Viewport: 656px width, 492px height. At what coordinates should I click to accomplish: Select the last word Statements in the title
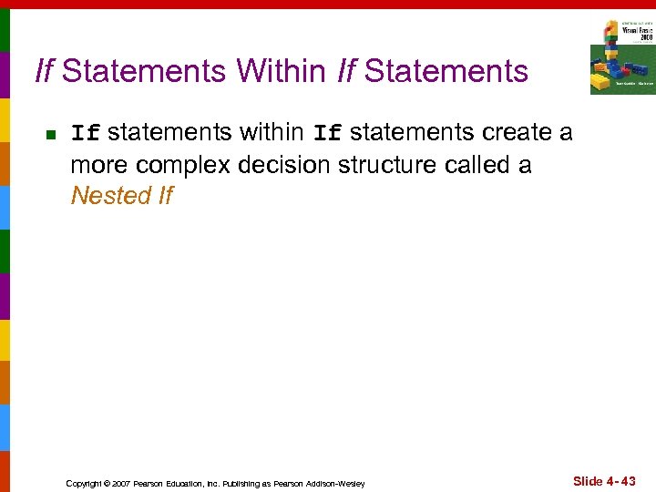coord(446,71)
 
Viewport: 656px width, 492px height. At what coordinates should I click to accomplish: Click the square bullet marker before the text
coord(51,135)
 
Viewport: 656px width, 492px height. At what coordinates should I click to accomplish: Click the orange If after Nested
coord(165,196)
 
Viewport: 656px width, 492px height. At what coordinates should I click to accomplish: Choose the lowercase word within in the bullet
coord(272,133)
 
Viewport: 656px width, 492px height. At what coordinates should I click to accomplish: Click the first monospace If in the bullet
coord(86,134)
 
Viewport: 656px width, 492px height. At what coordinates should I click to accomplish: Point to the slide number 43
coord(627,481)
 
